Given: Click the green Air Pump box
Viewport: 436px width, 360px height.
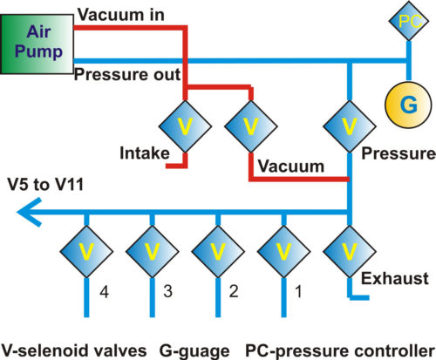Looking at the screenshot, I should [37, 45].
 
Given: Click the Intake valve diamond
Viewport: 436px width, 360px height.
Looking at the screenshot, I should [186, 126].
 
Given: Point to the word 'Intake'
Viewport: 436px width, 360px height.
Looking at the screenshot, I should [142, 154].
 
